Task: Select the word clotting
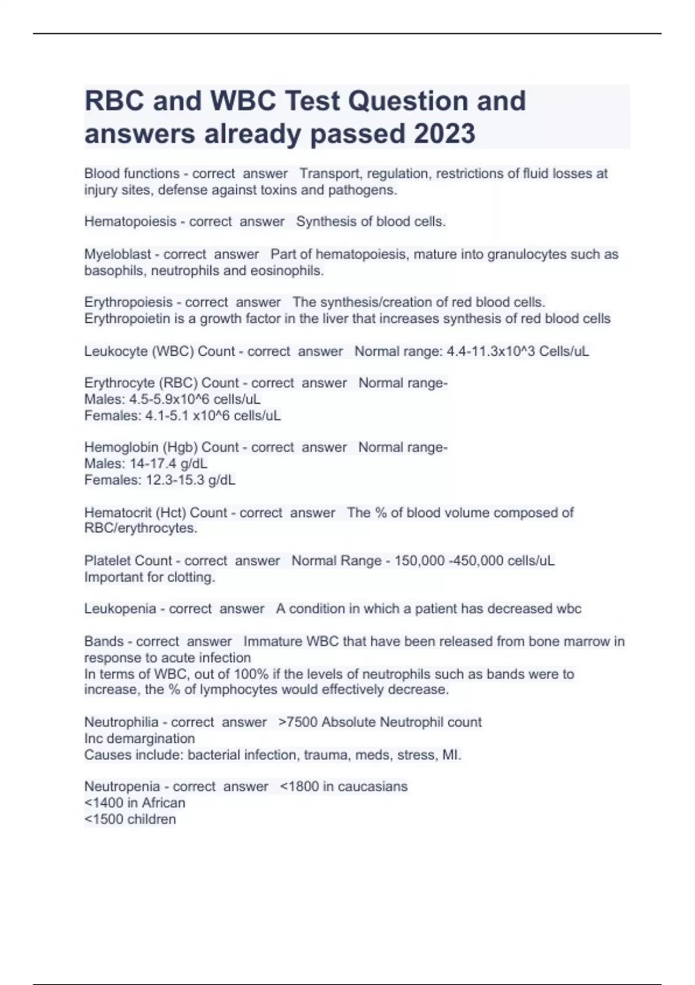click(191, 577)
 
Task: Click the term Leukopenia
click(120, 608)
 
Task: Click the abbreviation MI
click(451, 755)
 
